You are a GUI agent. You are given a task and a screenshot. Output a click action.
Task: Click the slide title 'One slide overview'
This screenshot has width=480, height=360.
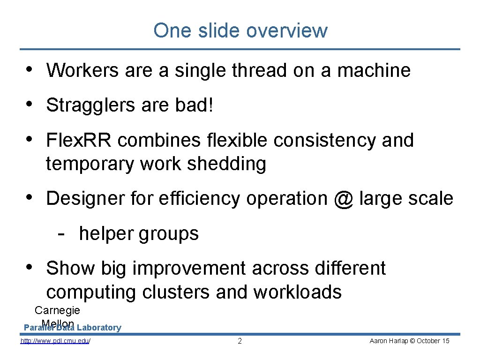coord(240,30)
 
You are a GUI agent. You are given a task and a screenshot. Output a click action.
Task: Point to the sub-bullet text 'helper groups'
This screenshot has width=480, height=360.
coord(139,233)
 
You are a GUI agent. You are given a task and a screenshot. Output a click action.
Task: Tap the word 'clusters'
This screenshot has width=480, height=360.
coord(176,292)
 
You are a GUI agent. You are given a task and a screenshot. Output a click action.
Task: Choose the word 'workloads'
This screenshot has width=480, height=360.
coord(298,292)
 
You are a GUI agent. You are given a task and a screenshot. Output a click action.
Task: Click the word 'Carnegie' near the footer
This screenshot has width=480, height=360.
coord(57,310)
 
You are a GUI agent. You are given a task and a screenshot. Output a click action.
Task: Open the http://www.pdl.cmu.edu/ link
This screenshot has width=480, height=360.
coord(55,341)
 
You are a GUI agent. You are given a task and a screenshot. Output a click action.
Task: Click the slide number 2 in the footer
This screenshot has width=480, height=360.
coord(240,341)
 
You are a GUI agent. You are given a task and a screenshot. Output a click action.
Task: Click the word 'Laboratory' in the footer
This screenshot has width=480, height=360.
coord(99,328)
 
